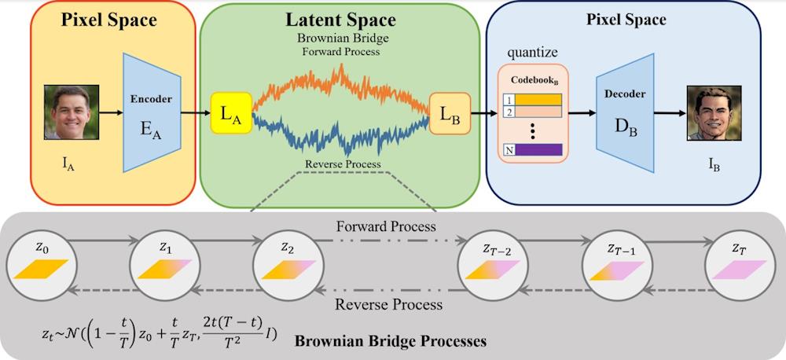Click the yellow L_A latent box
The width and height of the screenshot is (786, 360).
tap(231, 114)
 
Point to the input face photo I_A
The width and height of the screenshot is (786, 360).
tap(72, 112)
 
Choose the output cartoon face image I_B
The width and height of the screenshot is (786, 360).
tap(714, 112)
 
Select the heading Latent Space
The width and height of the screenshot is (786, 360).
tap(340, 20)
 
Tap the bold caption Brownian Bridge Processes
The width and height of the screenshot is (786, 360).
tap(390, 341)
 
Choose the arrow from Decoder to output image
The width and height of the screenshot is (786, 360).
tap(669, 113)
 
